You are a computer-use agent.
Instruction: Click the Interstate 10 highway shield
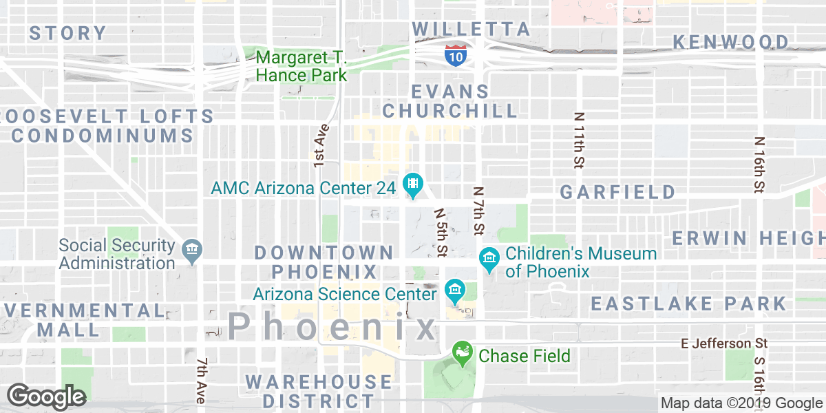(x=455, y=54)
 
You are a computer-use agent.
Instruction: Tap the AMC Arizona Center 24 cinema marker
(x=413, y=184)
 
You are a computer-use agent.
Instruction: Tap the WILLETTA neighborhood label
(x=472, y=29)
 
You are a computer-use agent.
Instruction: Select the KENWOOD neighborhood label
(x=731, y=42)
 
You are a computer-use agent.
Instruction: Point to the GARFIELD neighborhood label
(x=617, y=191)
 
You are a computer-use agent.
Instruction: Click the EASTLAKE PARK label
(x=688, y=303)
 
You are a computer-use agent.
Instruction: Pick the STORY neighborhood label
(x=67, y=32)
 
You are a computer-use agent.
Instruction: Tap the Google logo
(x=46, y=396)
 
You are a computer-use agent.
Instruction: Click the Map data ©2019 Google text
(x=742, y=403)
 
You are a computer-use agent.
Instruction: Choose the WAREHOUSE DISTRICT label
(x=319, y=390)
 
